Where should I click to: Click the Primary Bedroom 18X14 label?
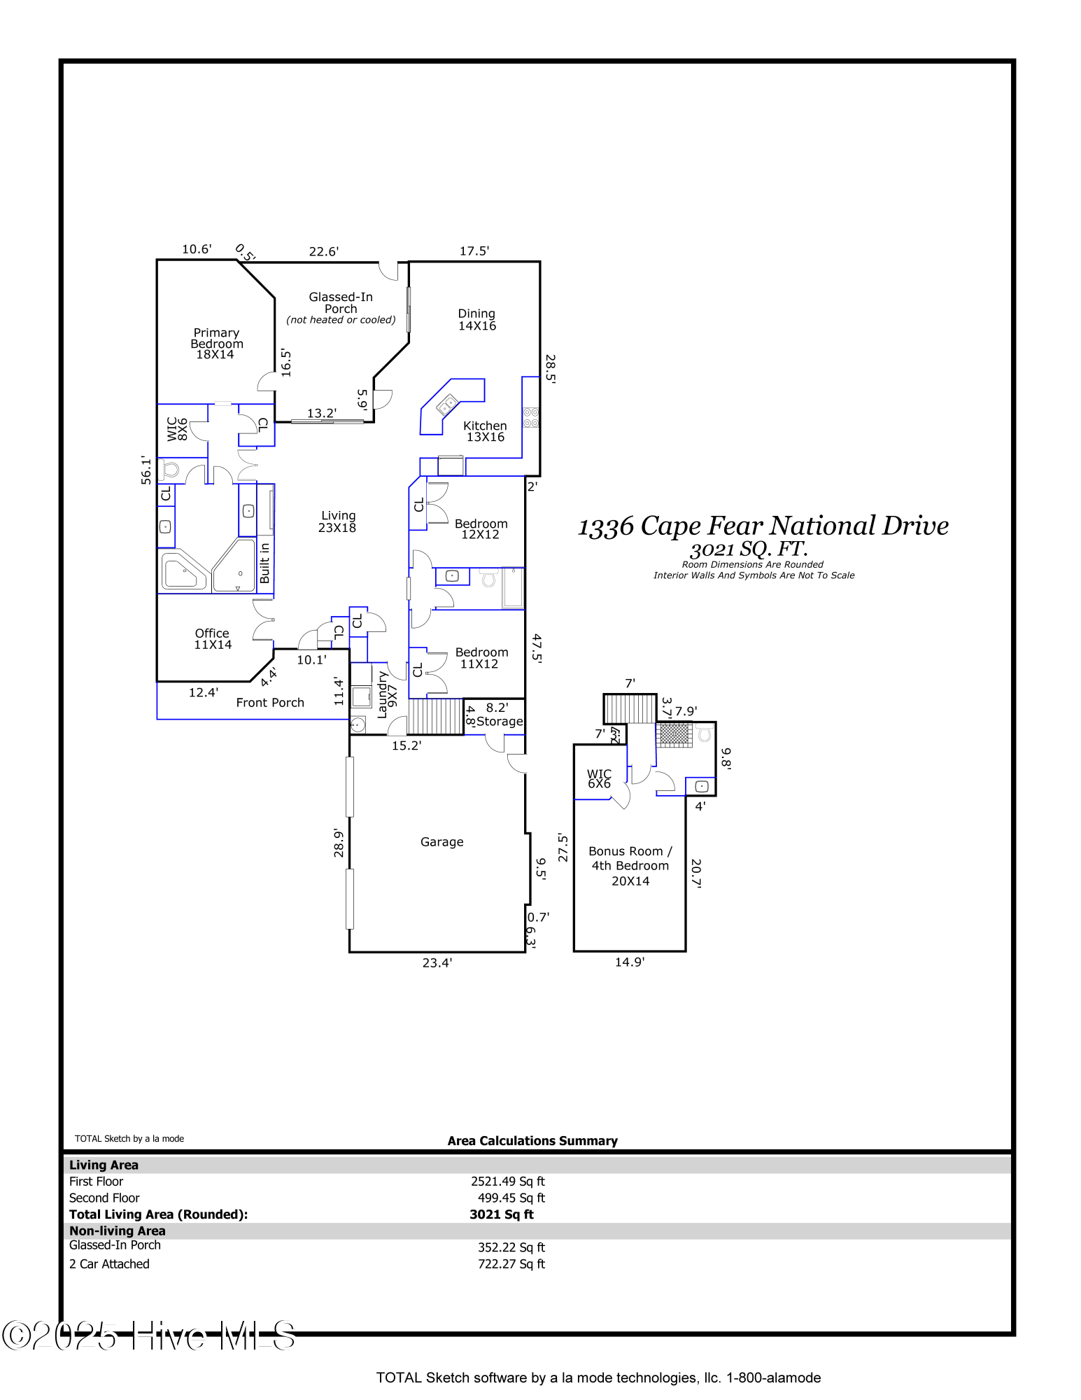point(216,343)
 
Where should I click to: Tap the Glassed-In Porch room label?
point(341,303)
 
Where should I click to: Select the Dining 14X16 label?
point(477,320)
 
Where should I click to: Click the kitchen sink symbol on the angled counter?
point(447,405)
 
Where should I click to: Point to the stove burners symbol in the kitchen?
point(531,418)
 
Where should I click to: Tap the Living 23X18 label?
point(338,521)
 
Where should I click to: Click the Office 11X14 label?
point(213,638)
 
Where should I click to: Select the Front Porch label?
point(270,702)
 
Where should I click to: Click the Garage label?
point(441,841)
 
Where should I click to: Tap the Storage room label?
point(500,721)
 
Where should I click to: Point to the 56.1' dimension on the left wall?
point(146,470)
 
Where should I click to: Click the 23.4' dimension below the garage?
point(437,962)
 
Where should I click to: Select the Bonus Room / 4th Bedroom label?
point(630,865)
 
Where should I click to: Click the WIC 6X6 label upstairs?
point(599,778)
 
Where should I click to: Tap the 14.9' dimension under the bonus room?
point(630,962)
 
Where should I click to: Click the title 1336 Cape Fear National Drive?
point(763,526)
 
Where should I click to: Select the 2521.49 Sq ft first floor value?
point(507,1181)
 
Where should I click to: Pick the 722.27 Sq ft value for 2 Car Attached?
point(511,1263)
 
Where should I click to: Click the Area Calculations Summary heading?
point(532,1140)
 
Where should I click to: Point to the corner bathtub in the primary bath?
point(183,571)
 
